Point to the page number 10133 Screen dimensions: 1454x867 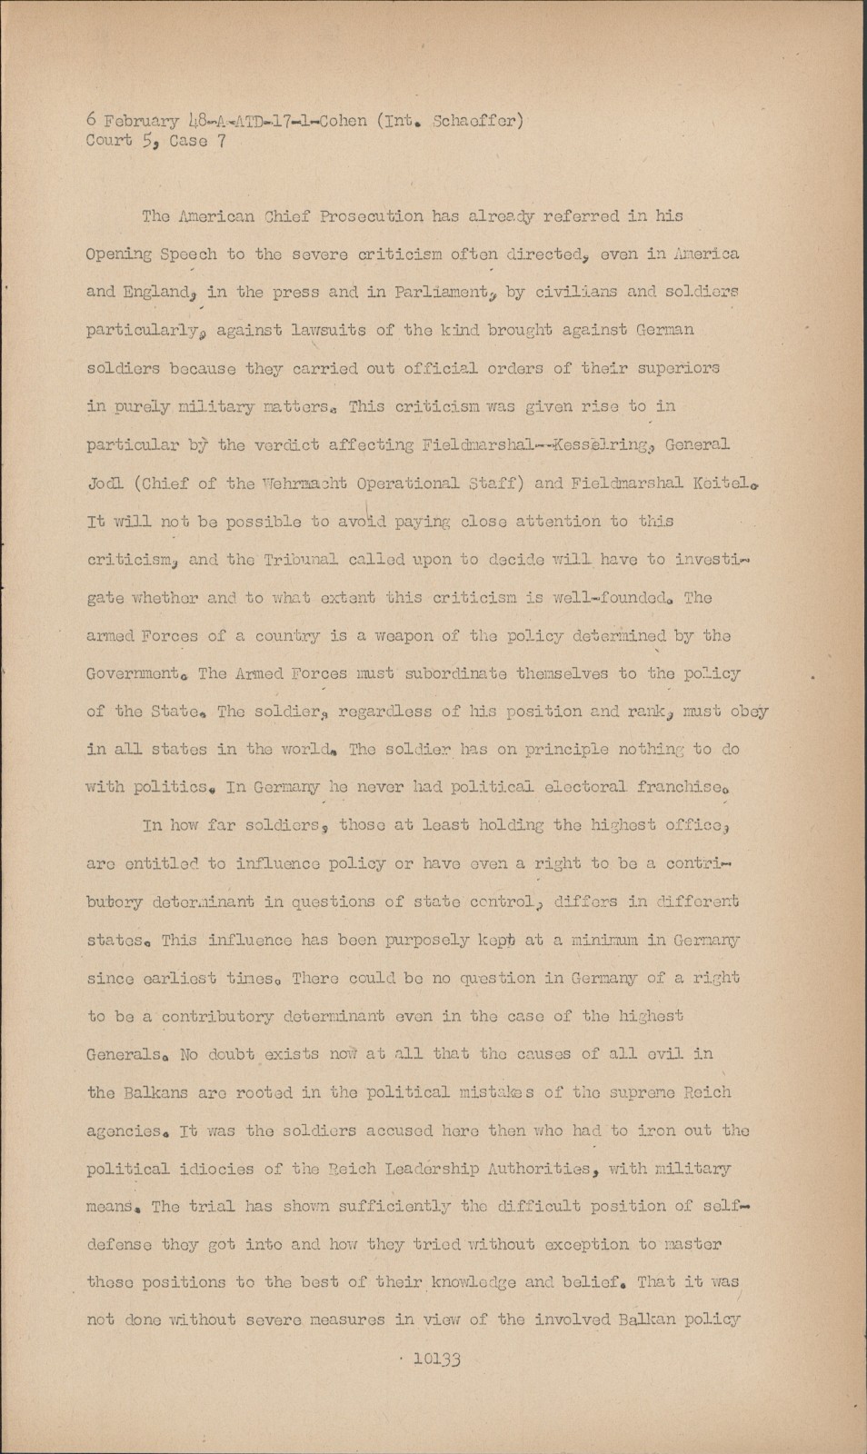tap(438, 1359)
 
